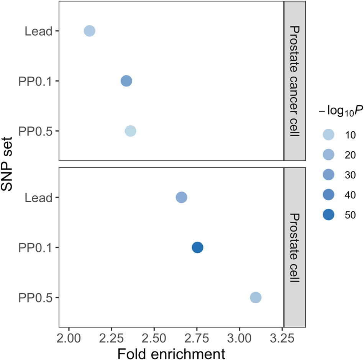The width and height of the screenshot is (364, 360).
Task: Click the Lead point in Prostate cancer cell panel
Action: [x=89, y=31]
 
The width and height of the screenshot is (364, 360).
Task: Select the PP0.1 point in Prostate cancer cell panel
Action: [x=126, y=81]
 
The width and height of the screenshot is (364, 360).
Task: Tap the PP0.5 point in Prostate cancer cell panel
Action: [x=131, y=131]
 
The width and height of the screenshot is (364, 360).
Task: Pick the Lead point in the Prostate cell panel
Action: [x=181, y=198]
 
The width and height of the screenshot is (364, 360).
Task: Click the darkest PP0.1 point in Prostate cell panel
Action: [x=197, y=247]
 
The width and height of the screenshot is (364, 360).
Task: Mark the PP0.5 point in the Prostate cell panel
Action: [x=256, y=298]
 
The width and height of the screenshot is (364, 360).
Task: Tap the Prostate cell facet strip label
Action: [x=294, y=247]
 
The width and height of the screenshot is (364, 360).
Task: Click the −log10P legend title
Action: [x=341, y=112]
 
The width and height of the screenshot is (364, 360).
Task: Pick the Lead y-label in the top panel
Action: [x=38, y=31]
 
